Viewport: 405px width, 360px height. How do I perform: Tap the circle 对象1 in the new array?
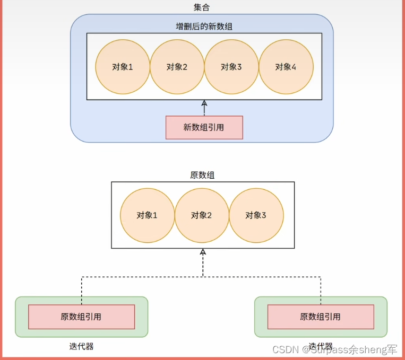click(x=122, y=67)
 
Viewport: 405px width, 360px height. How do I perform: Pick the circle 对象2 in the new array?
click(x=177, y=67)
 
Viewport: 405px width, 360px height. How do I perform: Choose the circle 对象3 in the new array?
click(x=231, y=67)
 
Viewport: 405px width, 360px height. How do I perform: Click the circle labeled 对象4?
click(x=286, y=67)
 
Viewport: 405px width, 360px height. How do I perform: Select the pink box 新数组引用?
click(x=204, y=127)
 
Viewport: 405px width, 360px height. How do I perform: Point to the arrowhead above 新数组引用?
click(x=203, y=103)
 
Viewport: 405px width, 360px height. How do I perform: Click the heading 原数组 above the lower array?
click(x=202, y=174)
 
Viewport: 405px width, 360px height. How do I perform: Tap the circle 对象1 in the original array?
click(x=147, y=215)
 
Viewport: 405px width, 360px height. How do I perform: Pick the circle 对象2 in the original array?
click(x=201, y=215)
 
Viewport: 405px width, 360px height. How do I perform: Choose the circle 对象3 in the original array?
click(x=256, y=215)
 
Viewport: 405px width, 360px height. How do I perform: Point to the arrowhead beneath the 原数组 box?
click(x=203, y=252)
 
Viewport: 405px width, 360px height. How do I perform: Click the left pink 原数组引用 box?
click(x=81, y=317)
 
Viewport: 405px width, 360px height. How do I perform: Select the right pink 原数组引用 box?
click(x=320, y=317)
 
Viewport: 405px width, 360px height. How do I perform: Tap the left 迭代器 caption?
click(x=81, y=346)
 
